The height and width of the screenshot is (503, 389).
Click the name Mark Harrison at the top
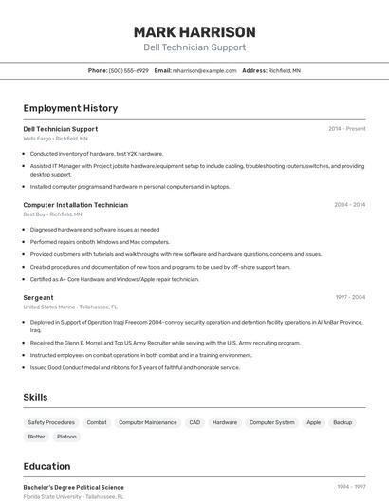point(194,31)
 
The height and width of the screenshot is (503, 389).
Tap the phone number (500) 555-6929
point(129,70)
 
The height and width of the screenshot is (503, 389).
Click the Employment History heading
point(70,108)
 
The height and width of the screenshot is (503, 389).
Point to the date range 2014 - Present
point(346,128)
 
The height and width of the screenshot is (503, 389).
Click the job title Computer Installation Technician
point(75,204)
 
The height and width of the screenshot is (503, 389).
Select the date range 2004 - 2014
point(349,204)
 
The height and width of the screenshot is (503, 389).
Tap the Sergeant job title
point(38,297)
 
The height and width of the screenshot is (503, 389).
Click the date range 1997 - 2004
point(349,297)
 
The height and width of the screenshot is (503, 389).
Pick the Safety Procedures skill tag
point(51,422)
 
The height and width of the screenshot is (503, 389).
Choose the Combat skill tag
point(97,422)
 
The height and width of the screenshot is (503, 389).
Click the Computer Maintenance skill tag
point(147,422)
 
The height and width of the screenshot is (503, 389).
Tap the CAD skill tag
point(194,422)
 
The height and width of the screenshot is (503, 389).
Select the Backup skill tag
point(343,422)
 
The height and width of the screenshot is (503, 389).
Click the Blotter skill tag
point(36,437)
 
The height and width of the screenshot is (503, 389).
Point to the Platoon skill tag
point(66,437)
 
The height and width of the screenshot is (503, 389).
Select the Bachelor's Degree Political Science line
point(73,487)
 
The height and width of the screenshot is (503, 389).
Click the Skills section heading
point(35,397)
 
